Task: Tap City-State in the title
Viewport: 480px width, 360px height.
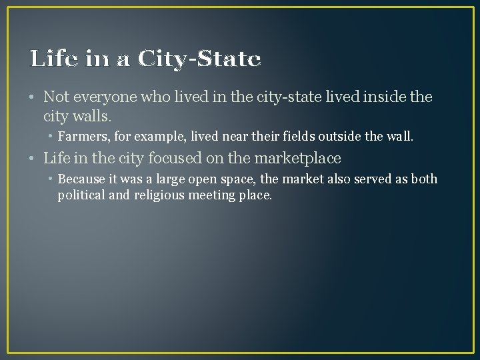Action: (x=199, y=59)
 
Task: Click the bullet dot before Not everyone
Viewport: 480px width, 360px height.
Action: (x=33, y=98)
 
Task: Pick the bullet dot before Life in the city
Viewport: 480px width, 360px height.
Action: (x=33, y=159)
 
